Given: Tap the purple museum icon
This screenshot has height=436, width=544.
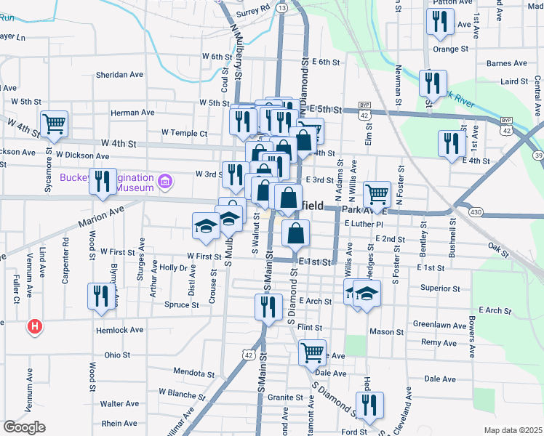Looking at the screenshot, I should pyautogui.click(x=167, y=180).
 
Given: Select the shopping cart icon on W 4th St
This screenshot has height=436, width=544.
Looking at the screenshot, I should pyautogui.click(x=54, y=124).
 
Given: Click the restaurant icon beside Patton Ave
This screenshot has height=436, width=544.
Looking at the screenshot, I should pyautogui.click(x=439, y=23).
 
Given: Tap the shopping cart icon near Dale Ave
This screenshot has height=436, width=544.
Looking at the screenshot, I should pyautogui.click(x=312, y=353).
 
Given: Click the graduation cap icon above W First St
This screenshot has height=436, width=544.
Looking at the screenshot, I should pyautogui.click(x=206, y=226).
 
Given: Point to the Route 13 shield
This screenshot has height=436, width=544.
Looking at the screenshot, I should pyautogui.click(x=282, y=7).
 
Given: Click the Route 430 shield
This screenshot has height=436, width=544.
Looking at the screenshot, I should pyautogui.click(x=476, y=211).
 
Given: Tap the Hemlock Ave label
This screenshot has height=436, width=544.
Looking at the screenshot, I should pyautogui.click(x=120, y=330).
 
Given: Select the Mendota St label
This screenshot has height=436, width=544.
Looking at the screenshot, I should pyautogui.click(x=192, y=371).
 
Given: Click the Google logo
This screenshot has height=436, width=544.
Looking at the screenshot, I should pyautogui.click(x=24, y=427).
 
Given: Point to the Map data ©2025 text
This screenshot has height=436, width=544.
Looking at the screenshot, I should pyautogui.click(x=512, y=430).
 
